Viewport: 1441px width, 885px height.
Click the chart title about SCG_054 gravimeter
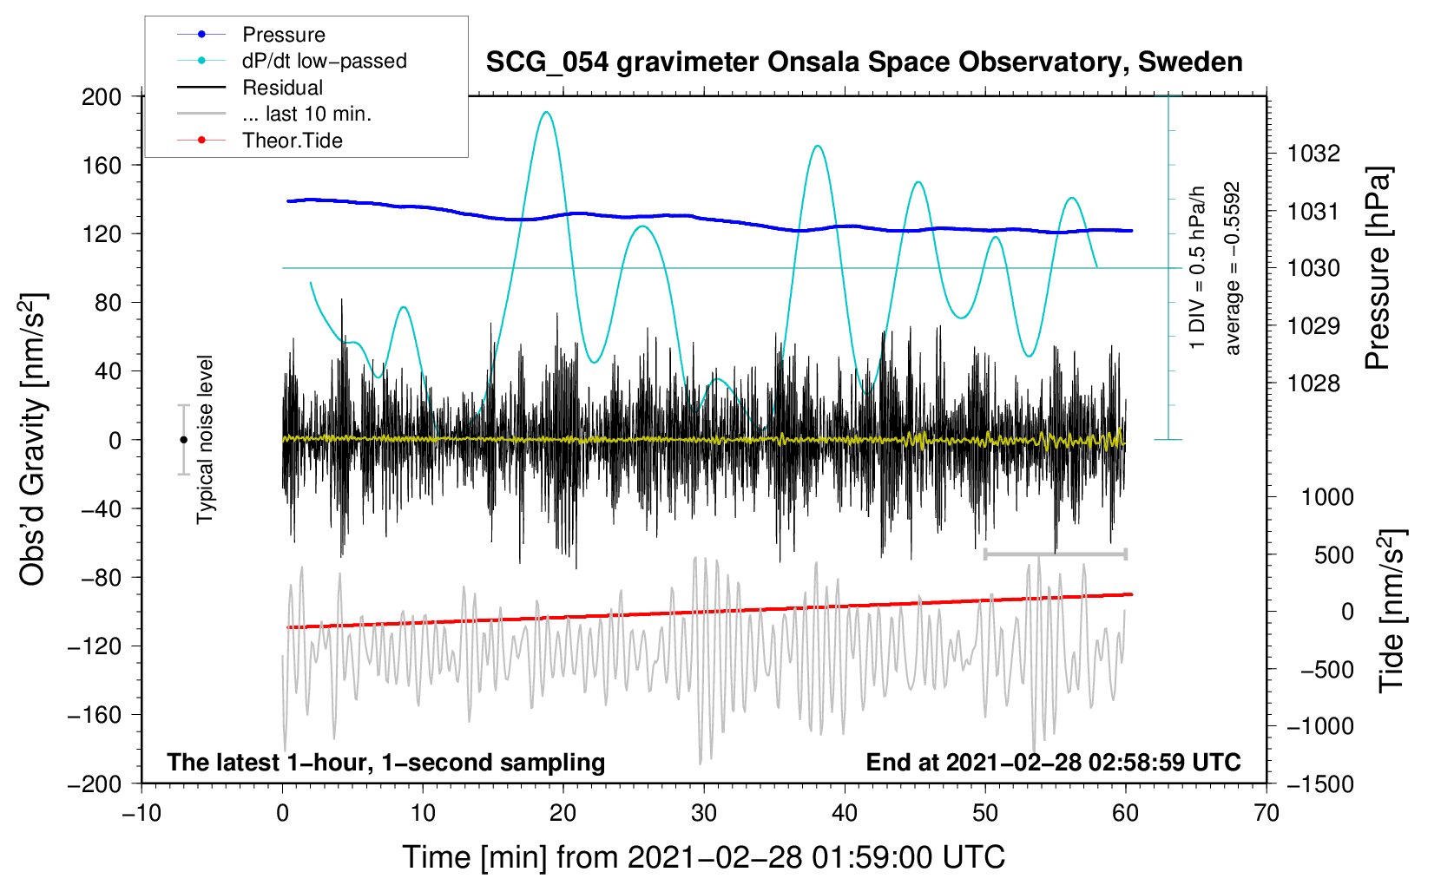click(x=864, y=62)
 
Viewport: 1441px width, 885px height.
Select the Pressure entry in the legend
click(x=283, y=35)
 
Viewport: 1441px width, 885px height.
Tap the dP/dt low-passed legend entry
click(x=324, y=61)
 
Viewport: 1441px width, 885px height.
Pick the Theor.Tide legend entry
click(x=292, y=141)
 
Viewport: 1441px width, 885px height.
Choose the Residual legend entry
click(x=282, y=88)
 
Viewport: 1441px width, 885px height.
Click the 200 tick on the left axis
click(x=102, y=96)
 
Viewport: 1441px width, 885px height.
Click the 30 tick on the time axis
click(x=704, y=813)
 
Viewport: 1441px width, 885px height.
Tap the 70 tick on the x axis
click(x=1267, y=813)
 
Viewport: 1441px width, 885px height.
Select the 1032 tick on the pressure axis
click(x=1313, y=154)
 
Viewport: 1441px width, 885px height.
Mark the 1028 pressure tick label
click(x=1313, y=383)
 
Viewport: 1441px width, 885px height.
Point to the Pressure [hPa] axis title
click(x=1378, y=268)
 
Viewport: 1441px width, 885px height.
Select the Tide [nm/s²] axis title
click(x=1392, y=613)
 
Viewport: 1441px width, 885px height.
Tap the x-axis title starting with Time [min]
click(x=704, y=857)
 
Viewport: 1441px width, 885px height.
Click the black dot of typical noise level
click(x=183, y=440)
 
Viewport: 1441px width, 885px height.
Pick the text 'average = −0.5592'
click(x=1232, y=268)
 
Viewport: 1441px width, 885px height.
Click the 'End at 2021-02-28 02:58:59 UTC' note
click(x=1053, y=762)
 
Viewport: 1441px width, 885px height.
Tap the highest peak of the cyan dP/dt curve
click(x=545, y=112)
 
